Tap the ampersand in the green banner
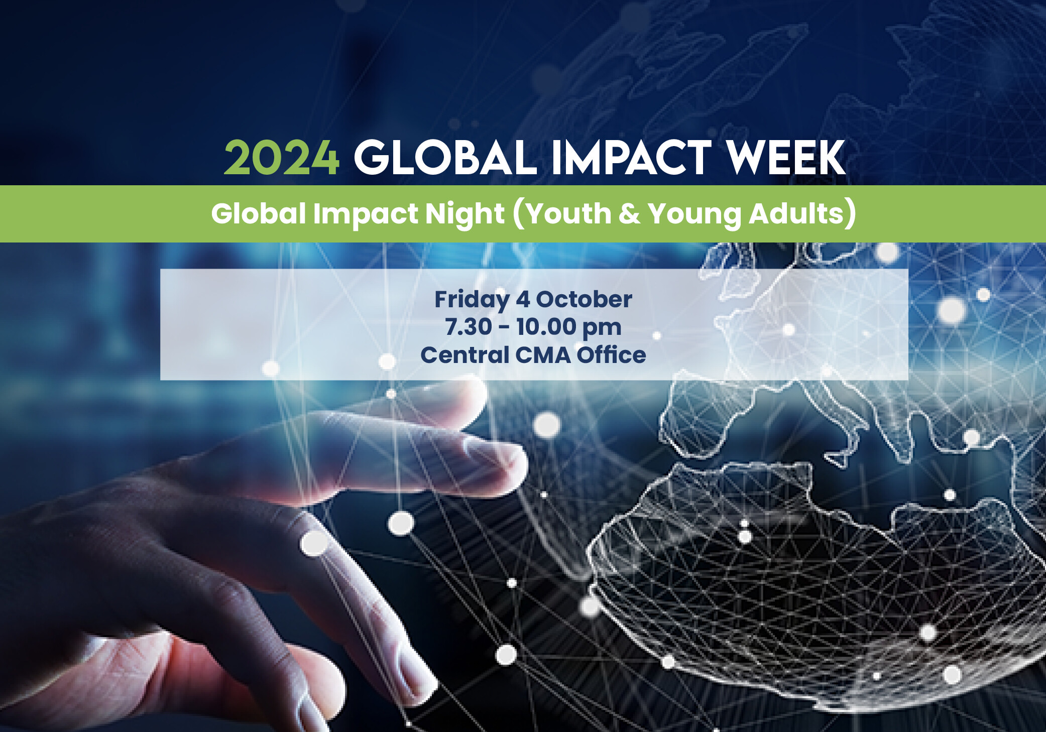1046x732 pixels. [630, 214]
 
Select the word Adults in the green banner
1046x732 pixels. [796, 213]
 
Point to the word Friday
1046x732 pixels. [472, 300]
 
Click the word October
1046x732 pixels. [584, 299]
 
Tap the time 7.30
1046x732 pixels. [469, 327]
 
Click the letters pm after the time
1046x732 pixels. [602, 329]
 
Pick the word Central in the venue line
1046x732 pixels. [465, 355]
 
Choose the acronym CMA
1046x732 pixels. [543, 355]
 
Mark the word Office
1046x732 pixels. [611, 355]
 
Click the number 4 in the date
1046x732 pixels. [523, 299]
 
